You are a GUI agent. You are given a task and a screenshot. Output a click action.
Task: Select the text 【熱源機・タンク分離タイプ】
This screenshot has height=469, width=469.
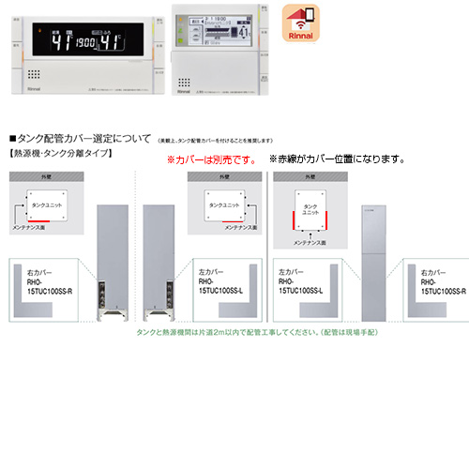[x=61, y=151]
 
